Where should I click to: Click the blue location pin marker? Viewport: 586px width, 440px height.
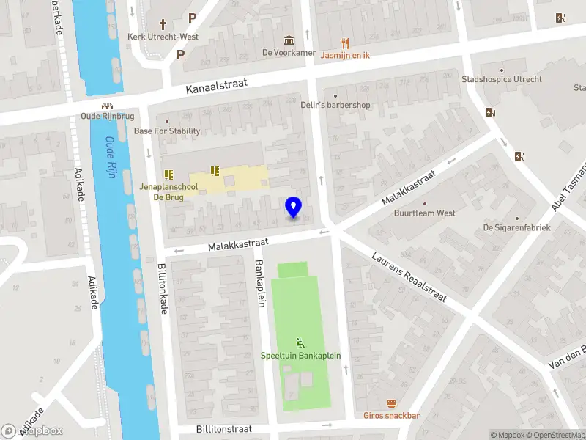click(x=294, y=208)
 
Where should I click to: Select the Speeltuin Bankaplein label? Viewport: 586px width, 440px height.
click(x=300, y=356)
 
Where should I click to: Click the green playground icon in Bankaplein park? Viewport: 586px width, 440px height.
click(x=300, y=342)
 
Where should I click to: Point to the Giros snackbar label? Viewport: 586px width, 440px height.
click(x=391, y=416)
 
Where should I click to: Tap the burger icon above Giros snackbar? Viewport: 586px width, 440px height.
click(x=392, y=403)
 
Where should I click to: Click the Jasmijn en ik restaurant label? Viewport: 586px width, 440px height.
click(x=346, y=55)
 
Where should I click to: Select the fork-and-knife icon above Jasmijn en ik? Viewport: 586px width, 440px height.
click(x=346, y=43)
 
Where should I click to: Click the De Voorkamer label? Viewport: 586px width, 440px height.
click(x=289, y=53)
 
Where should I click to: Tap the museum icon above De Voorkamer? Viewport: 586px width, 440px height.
click(x=289, y=40)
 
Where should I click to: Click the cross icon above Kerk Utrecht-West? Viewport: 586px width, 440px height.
click(x=152, y=23)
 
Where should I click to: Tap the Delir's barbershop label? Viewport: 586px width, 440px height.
click(x=335, y=105)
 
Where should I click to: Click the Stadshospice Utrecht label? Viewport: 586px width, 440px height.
click(x=502, y=79)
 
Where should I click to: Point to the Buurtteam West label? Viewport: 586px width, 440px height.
click(x=425, y=213)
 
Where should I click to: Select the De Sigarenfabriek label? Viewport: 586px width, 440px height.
click(x=516, y=227)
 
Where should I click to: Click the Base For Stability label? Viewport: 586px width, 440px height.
click(x=167, y=131)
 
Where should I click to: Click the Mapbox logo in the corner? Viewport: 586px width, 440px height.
click(x=32, y=430)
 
